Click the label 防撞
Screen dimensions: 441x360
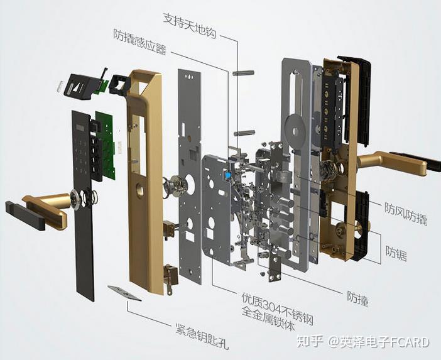[x=357, y=298]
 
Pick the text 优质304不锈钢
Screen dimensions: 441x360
[x=278, y=308]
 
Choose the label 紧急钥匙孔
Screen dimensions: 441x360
[x=202, y=335]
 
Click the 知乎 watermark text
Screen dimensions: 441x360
[x=310, y=342]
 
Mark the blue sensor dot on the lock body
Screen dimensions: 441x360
[x=228, y=176]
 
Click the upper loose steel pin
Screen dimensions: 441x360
[x=243, y=73]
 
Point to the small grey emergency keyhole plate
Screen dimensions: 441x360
[x=124, y=293]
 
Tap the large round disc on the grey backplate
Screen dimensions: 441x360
[x=295, y=129]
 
